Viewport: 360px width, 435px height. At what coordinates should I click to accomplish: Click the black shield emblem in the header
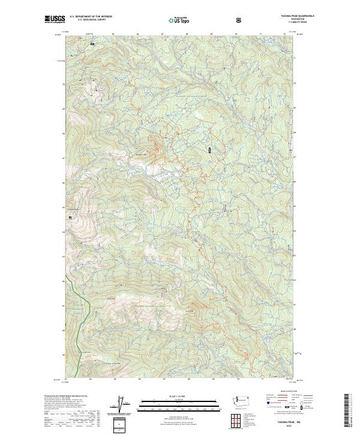point(240,20)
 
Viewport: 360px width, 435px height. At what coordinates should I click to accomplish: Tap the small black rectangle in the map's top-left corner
point(92,44)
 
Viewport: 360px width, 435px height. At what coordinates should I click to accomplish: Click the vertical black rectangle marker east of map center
point(210,150)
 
